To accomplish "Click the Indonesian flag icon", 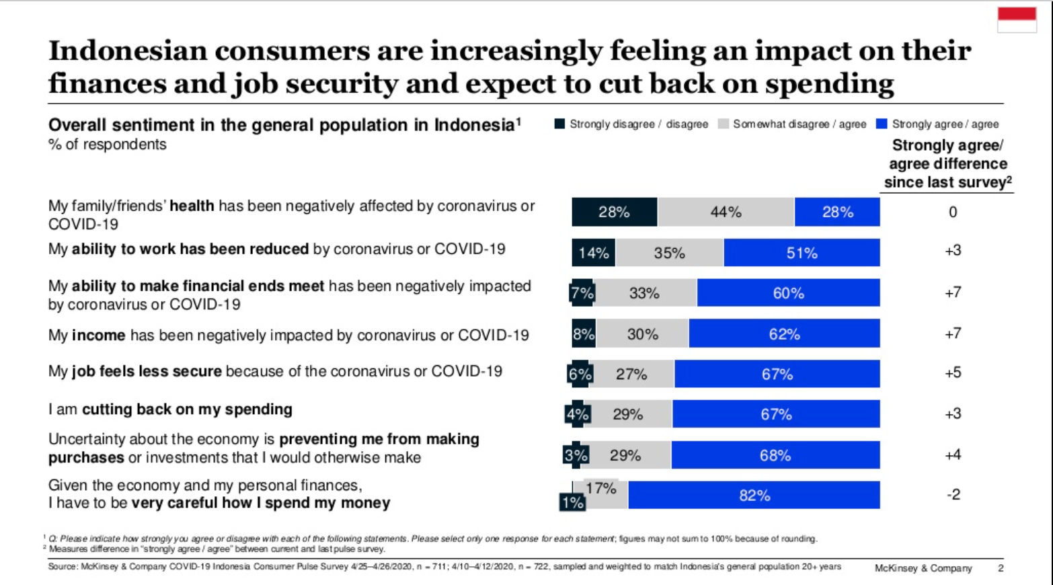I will [x=1017, y=19].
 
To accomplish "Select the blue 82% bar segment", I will [x=754, y=496].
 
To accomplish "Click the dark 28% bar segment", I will [x=614, y=212].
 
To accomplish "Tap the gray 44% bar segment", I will [x=726, y=212].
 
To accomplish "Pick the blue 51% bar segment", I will [x=802, y=253].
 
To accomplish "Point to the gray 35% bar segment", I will [x=669, y=253].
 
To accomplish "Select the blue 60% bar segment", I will [x=788, y=293].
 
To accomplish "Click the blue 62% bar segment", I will [x=784, y=334].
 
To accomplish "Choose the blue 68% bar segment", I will [x=775, y=455].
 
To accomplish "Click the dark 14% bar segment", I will [x=593, y=253].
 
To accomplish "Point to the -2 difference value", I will [x=953, y=495].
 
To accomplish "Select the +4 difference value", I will [x=953, y=455].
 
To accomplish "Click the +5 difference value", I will [x=953, y=373].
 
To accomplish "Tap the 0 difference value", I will [x=953, y=212].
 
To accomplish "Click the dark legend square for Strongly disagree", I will [x=559, y=124].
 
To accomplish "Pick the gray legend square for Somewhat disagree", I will [x=724, y=124].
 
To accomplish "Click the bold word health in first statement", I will [x=192, y=206].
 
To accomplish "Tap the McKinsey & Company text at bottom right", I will [x=923, y=568].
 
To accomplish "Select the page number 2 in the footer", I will [x=1001, y=568].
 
